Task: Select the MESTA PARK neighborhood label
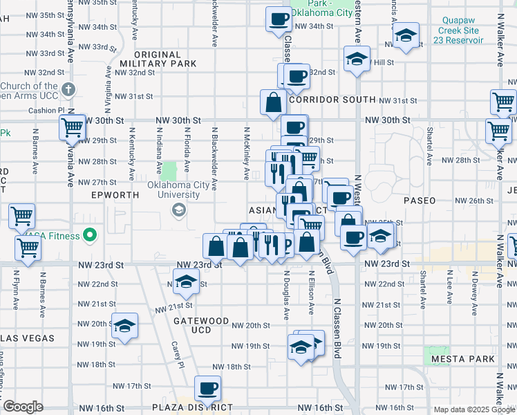[462, 359]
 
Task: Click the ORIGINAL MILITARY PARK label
[166, 59]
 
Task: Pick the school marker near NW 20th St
[124, 326]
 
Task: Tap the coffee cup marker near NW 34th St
[279, 19]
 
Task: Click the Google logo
[23, 407]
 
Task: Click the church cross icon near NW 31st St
[68, 89]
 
